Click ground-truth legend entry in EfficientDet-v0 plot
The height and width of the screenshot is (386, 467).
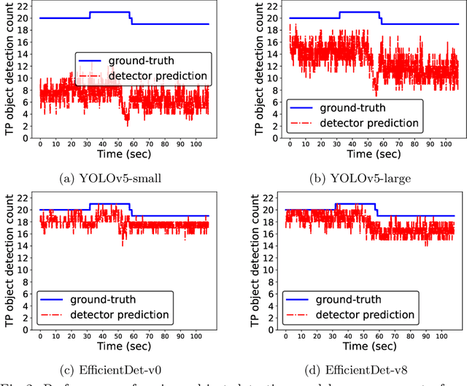[x=102, y=298]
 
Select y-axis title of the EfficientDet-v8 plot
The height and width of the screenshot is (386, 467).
[x=255, y=263]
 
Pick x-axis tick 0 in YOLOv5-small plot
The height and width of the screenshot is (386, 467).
[x=40, y=143]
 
